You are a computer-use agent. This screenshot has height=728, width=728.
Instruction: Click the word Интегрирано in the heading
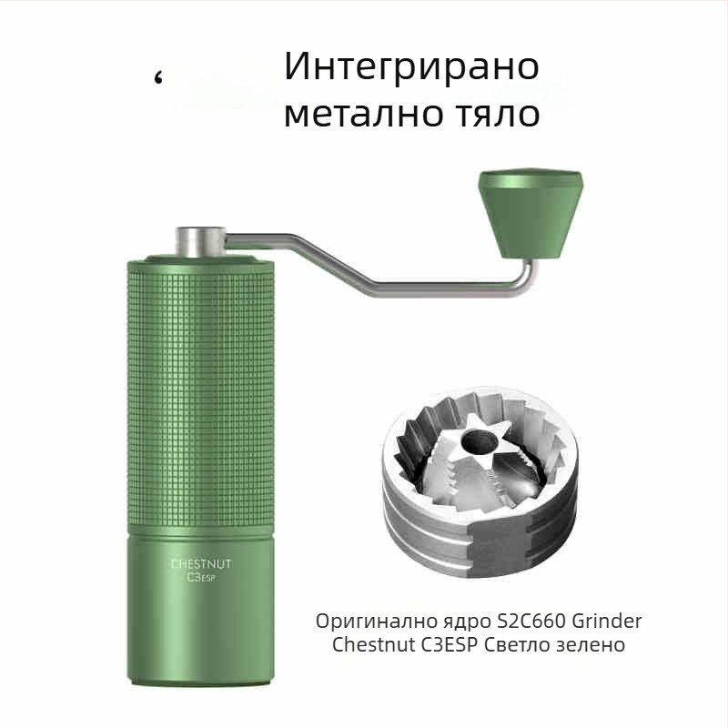click(x=411, y=68)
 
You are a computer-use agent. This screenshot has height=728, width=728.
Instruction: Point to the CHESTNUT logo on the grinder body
click(x=201, y=564)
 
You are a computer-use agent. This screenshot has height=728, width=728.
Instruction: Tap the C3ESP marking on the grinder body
click(x=200, y=577)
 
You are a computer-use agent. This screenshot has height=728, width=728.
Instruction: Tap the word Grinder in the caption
click(x=607, y=622)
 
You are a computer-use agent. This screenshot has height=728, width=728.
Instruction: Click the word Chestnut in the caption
click(x=372, y=645)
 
